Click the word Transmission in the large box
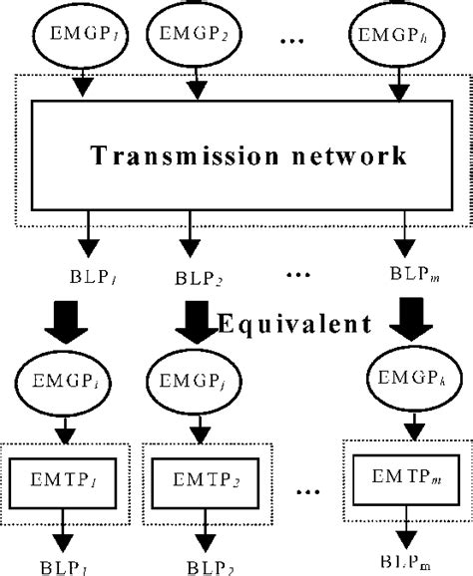click(x=171, y=155)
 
